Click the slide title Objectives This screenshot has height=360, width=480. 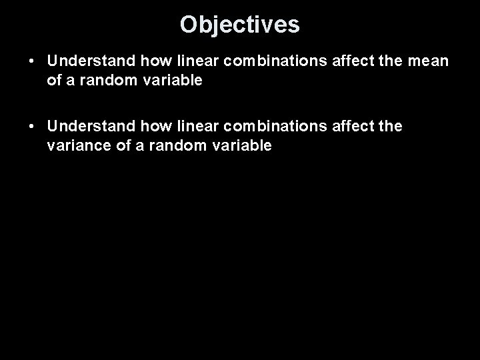(240, 25)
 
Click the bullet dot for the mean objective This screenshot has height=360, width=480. (32, 61)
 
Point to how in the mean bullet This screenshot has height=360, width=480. (155, 61)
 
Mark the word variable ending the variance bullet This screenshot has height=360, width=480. (239, 145)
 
